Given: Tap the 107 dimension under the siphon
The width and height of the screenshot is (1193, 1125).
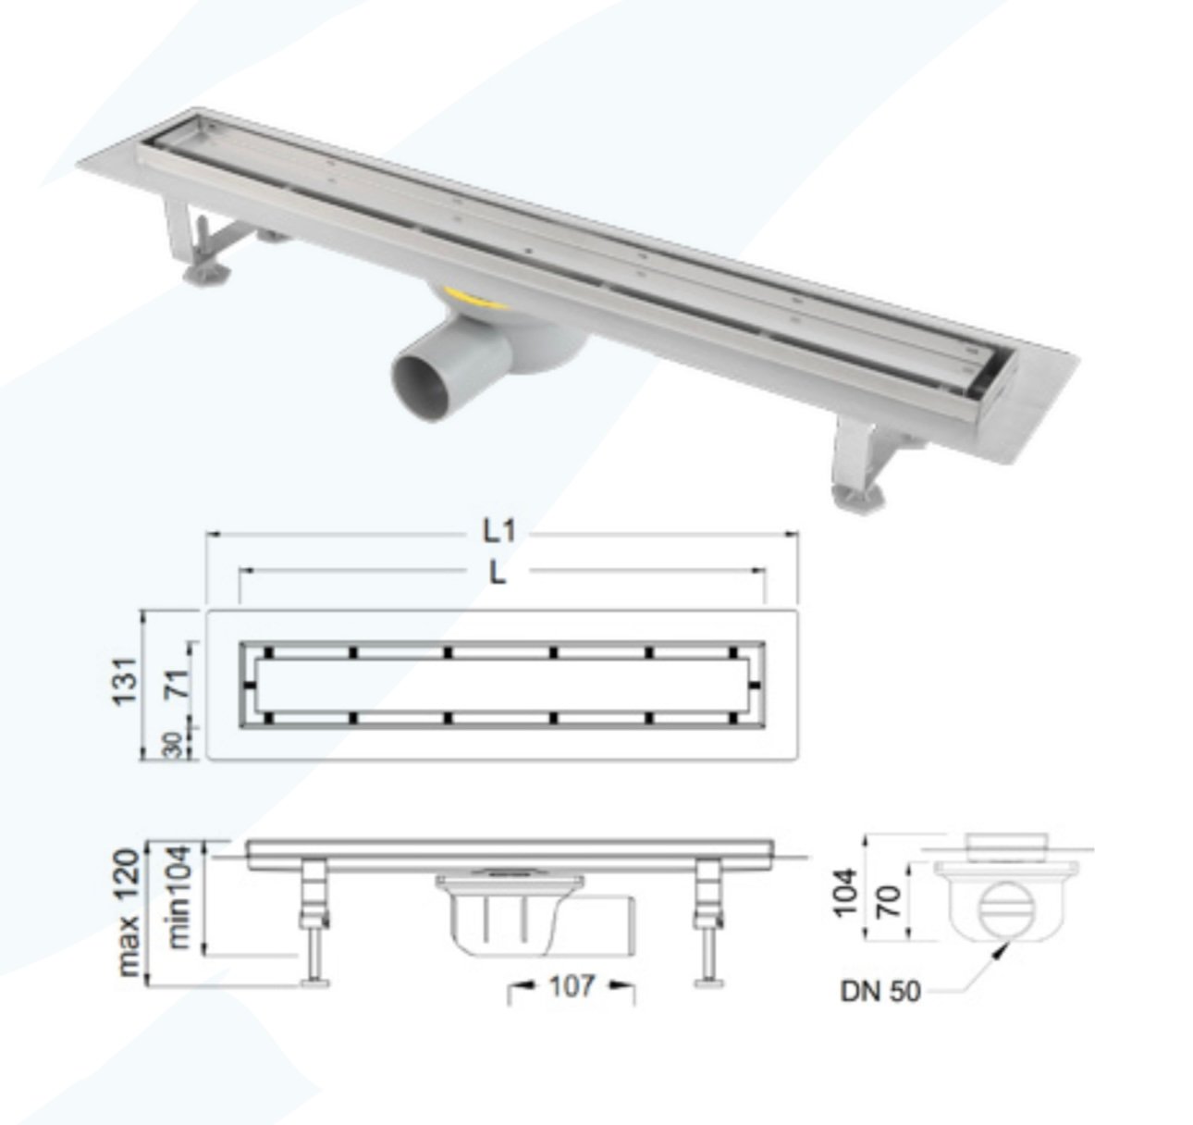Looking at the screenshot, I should tap(571, 986).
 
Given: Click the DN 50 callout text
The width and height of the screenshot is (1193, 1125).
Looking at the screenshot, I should tap(880, 992).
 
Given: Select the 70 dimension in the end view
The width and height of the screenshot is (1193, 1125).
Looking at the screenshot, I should tap(890, 900).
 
